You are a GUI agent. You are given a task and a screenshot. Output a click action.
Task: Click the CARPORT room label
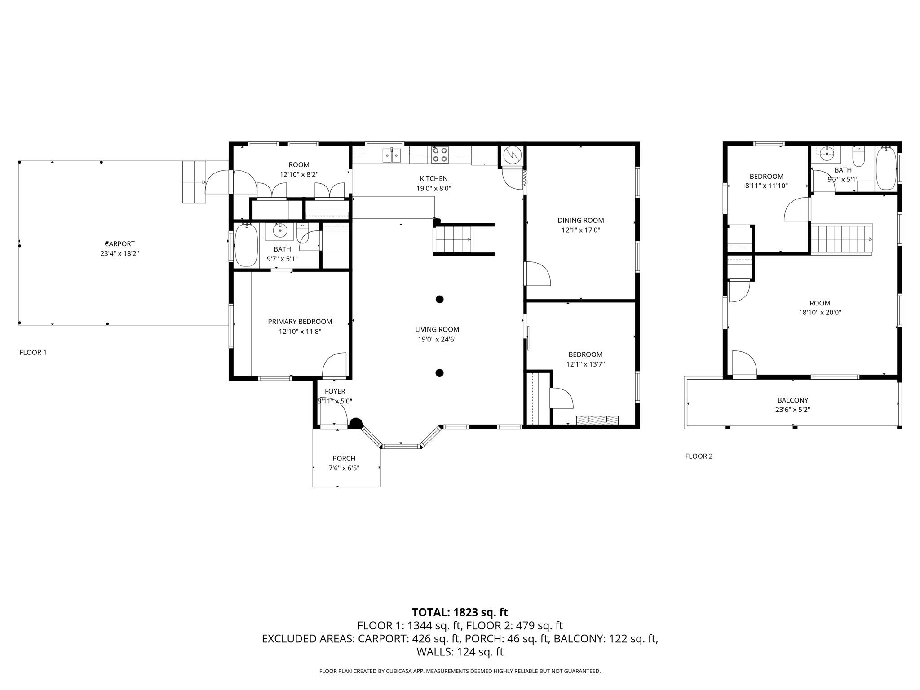point(119,244)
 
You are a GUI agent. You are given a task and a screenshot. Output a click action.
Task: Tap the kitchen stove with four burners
point(440,155)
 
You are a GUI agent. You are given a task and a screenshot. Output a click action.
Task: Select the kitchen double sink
point(392,155)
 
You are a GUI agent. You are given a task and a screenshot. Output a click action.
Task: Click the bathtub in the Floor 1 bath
point(246,245)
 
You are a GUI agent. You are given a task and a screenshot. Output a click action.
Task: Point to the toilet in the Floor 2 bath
point(858,157)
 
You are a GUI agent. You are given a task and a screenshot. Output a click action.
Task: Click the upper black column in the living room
point(440,299)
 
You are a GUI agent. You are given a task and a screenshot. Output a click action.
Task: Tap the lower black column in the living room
point(440,372)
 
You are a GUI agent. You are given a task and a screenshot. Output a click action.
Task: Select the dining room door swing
point(537,273)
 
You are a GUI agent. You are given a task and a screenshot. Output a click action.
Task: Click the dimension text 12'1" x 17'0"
point(581,230)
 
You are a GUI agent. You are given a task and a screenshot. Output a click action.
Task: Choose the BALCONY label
point(793,400)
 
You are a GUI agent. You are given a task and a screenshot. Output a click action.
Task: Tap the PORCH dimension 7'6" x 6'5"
point(344,468)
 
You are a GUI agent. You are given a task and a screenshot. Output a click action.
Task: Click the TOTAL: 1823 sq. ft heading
point(460,612)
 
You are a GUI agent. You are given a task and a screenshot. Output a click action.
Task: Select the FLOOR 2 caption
point(699,456)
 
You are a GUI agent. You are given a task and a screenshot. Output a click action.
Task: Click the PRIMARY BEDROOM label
point(300,322)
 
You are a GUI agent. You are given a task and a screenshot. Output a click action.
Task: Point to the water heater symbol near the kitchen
point(512,155)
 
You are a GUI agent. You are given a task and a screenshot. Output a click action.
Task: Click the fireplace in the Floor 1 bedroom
point(597,420)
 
